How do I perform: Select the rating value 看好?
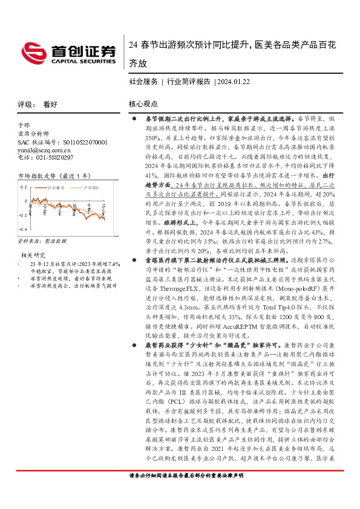(x=50, y=104)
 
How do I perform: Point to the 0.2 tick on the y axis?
(x=22, y=186)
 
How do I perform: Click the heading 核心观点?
(x=144, y=104)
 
